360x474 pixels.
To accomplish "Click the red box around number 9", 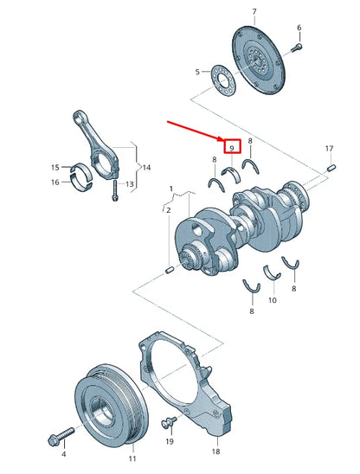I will [231, 148].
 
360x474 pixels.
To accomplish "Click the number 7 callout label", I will [254, 11].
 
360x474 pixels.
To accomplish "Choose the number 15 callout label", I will [54, 167].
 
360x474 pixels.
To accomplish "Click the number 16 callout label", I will [54, 182].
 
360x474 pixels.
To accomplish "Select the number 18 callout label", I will [216, 452].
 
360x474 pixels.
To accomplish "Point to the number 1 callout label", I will [170, 188].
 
